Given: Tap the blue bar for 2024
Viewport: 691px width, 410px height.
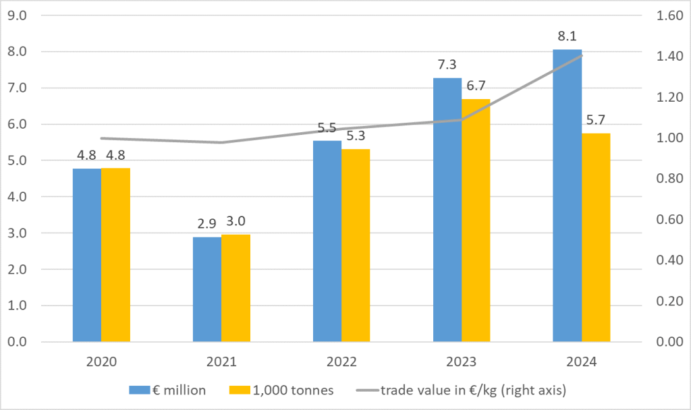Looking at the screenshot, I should (x=567, y=196).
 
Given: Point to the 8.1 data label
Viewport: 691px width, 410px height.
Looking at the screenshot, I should (x=567, y=36).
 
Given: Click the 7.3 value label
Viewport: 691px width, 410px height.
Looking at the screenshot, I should (x=447, y=65).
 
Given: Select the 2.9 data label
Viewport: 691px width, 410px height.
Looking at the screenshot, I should (x=206, y=224).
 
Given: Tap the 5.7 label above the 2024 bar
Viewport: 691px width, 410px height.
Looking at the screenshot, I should (x=596, y=121).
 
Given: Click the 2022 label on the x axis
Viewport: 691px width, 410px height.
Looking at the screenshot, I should (x=341, y=361).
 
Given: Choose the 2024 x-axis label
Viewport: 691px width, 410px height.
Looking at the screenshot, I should (x=582, y=361).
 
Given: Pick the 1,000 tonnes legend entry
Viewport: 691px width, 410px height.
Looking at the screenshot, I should (x=290, y=389).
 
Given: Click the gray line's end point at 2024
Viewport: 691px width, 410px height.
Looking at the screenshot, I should (x=582, y=55).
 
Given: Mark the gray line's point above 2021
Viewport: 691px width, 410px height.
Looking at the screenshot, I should (x=221, y=142).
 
